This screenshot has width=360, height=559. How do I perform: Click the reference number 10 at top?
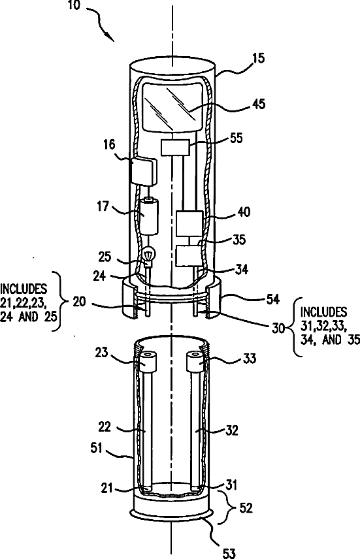point(74,6)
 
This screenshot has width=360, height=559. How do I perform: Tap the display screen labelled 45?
point(172,106)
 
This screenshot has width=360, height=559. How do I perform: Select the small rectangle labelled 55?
point(175,147)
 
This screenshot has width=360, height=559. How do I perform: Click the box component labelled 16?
point(144,171)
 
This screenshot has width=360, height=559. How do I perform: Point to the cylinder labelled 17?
point(149,217)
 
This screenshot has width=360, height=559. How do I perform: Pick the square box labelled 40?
point(189,223)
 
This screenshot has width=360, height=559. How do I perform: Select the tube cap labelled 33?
point(195,360)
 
